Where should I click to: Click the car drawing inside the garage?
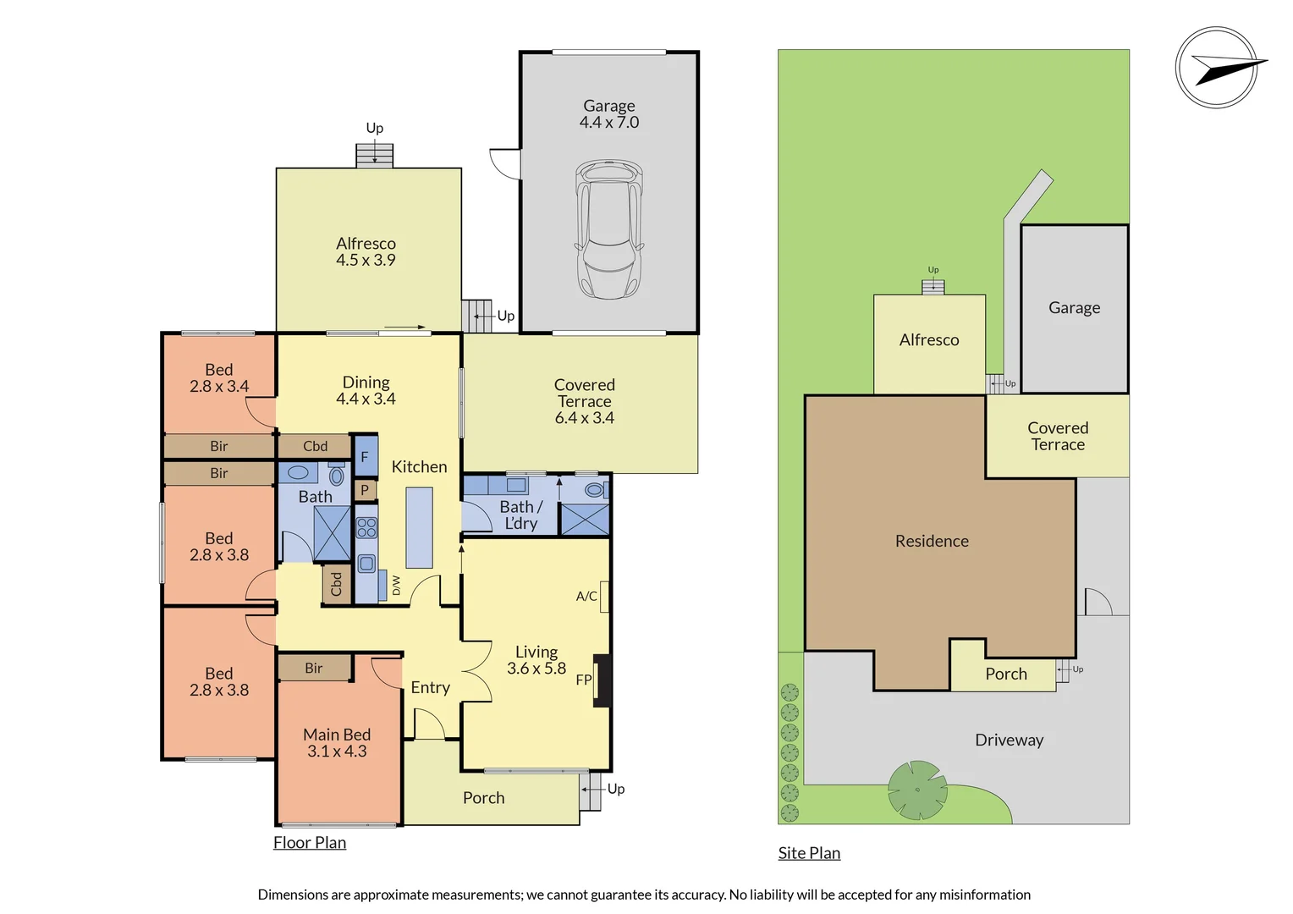[x=608, y=229]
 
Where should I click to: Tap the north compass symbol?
[x=1217, y=68]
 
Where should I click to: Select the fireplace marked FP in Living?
[x=602, y=680]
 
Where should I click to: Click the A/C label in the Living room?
[x=586, y=597]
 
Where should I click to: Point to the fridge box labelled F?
[x=366, y=457]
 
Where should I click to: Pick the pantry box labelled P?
[x=365, y=490]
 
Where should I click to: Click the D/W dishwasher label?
[x=395, y=586]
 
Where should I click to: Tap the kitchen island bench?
[x=419, y=527]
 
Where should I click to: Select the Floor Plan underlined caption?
[x=310, y=843]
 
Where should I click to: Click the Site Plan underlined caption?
[x=809, y=853]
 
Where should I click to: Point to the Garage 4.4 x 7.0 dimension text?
[x=609, y=123]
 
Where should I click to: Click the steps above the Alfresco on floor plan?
[x=374, y=156]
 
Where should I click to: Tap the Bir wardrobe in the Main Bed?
[x=314, y=668]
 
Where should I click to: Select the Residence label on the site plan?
[x=932, y=541]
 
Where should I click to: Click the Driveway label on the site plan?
[x=1009, y=741]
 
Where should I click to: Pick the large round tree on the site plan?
[x=917, y=790]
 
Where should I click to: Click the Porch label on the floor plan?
[x=483, y=798]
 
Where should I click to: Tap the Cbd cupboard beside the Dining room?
[x=315, y=446]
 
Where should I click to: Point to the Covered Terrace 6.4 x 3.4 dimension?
[x=584, y=418]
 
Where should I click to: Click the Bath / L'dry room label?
[x=520, y=515]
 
